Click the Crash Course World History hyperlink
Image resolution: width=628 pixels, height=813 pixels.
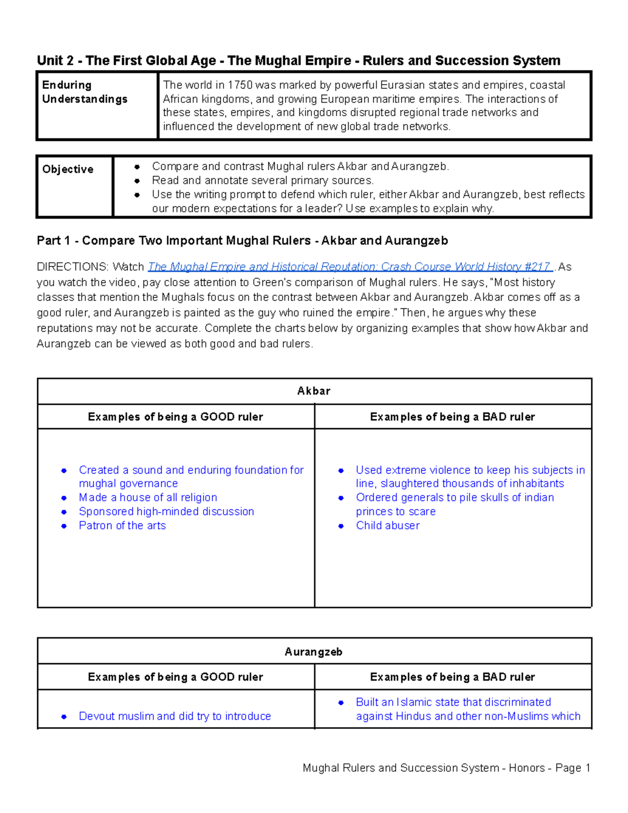(350, 267)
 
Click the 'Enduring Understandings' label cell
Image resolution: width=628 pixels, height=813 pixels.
(85, 92)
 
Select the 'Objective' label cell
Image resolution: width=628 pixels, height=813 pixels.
(68, 170)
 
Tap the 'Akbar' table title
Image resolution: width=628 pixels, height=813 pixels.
(314, 391)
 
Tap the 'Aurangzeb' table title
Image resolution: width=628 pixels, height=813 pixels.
(314, 652)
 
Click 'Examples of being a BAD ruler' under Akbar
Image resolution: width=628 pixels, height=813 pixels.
(453, 417)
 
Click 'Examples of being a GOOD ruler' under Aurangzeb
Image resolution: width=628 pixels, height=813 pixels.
(175, 677)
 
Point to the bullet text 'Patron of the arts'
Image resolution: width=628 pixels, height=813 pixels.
(122, 526)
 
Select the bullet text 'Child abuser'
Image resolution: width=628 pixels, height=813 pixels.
(388, 526)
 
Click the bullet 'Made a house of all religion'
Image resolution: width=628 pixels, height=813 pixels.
(148, 498)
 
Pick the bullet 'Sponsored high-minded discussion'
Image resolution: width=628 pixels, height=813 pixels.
(166, 511)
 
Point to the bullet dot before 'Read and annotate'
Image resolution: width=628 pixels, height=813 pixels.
(137, 181)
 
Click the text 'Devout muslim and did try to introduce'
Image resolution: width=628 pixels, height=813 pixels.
(175, 716)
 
